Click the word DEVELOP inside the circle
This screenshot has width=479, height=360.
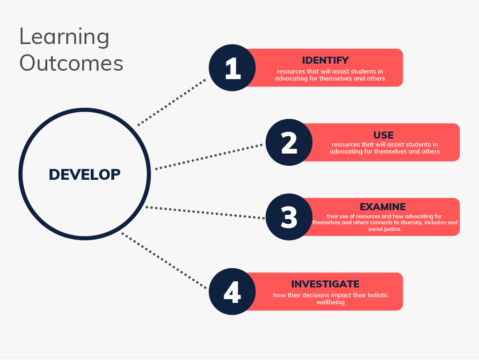coord(85,175)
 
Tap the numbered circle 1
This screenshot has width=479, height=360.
coord(232,68)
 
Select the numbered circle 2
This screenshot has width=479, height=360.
coord(289,142)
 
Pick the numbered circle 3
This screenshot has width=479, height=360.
coord(289,217)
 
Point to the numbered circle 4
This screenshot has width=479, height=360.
coord(232,292)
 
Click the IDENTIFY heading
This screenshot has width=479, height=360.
coord(326,60)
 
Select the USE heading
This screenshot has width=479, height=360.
coord(384,135)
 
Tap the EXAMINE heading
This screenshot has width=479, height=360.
coord(383,206)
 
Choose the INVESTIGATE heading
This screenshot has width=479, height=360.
coord(325,284)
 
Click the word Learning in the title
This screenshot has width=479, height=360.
coord(64,37)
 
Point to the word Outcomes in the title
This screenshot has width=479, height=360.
coord(71,63)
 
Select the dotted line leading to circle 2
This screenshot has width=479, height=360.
coord(209,157)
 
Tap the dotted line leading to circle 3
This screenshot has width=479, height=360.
coord(206,213)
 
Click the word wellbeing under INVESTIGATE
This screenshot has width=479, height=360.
coord(331,302)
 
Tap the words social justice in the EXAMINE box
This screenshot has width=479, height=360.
coord(385,229)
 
